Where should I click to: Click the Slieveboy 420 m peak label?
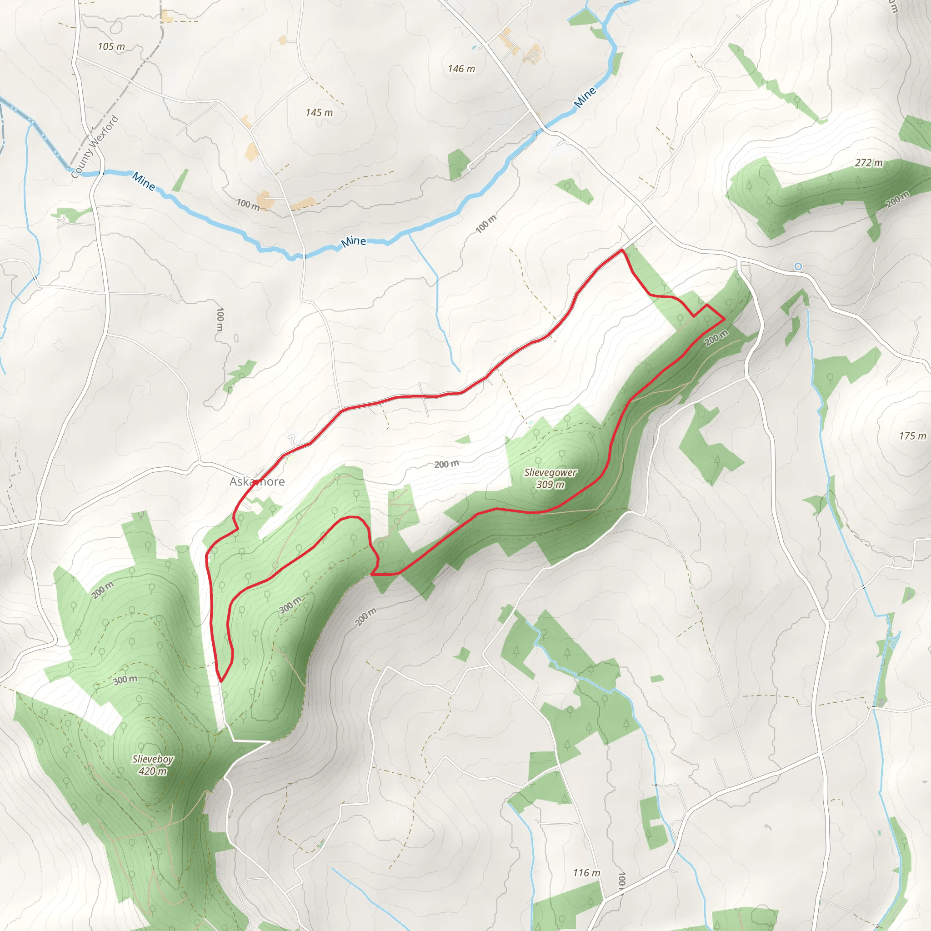pyautogui.click(x=153, y=765)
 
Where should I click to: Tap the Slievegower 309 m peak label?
pyautogui.click(x=551, y=478)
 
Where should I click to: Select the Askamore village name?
pyautogui.click(x=257, y=481)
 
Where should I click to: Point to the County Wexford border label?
pyautogui.click(x=95, y=146)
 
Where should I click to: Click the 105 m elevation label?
pyautogui.click(x=111, y=47)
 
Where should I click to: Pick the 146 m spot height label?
pyautogui.click(x=461, y=69)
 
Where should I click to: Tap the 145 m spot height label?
pyautogui.click(x=319, y=113)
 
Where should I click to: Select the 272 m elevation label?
pyautogui.click(x=869, y=163)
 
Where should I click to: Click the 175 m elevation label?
pyautogui.click(x=912, y=435)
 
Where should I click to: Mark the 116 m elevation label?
pyautogui.click(x=586, y=873)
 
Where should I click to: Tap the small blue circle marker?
pyautogui.click(x=798, y=266)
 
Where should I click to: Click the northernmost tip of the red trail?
pyautogui.click(x=622, y=250)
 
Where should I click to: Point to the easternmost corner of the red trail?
pyautogui.click(x=725, y=319)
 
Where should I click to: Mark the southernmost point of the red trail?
pyautogui.click(x=221, y=681)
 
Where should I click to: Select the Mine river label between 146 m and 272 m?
pyautogui.click(x=585, y=97)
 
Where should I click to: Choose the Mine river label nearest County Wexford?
pyautogui.click(x=144, y=181)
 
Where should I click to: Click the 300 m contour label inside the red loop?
pyautogui.click(x=290, y=605)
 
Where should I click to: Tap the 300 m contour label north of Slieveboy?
pyautogui.click(x=125, y=680)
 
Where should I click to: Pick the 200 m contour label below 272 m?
pyautogui.click(x=897, y=199)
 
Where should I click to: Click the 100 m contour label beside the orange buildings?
pyautogui.click(x=248, y=204)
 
